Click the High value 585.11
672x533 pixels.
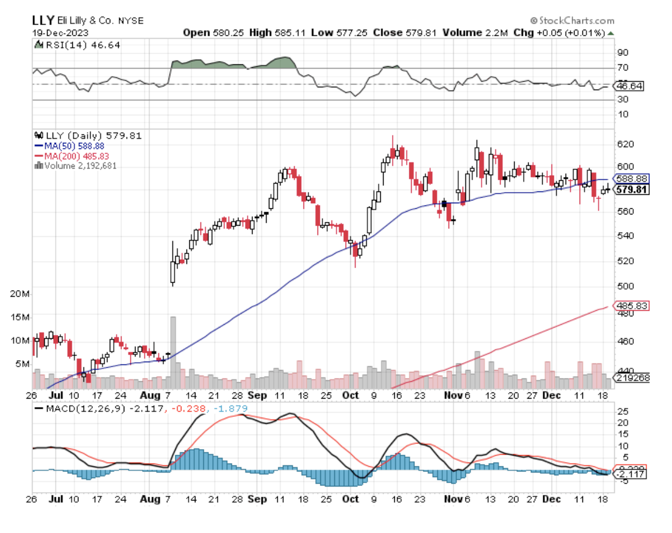point(285,32)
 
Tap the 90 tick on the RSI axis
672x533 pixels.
point(622,53)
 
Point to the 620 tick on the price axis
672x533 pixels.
point(624,144)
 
